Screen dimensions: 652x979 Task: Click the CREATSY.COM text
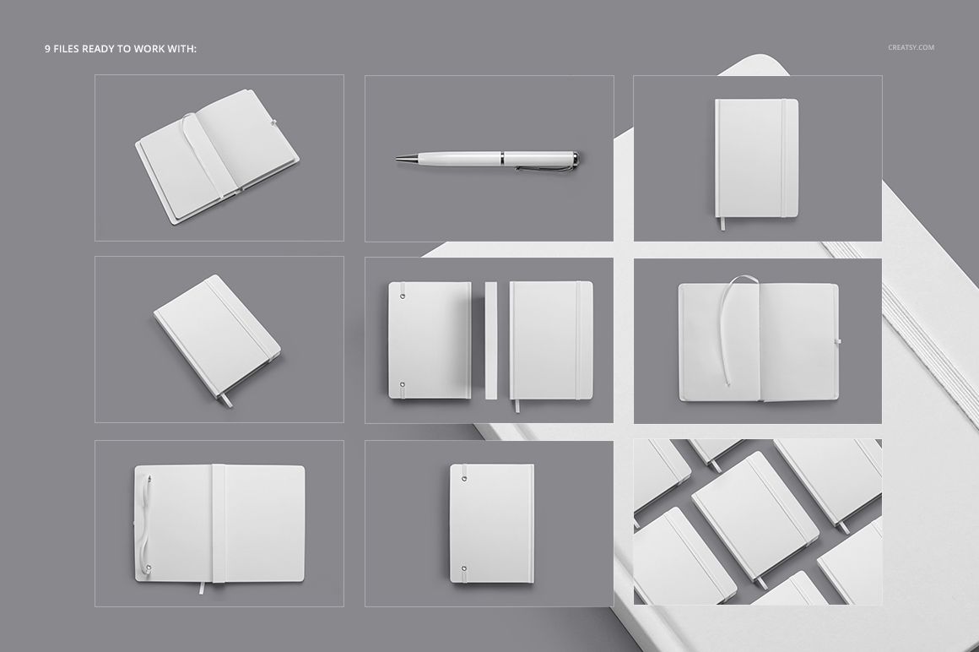click(911, 47)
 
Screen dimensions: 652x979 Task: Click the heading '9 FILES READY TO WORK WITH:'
click(121, 49)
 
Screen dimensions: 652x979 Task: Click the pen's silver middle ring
click(503, 157)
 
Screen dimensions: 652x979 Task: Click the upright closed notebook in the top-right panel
click(756, 158)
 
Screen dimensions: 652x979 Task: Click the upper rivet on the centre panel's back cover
click(402, 296)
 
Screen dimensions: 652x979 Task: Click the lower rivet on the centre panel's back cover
click(402, 385)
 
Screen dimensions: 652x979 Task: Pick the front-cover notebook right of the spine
click(551, 340)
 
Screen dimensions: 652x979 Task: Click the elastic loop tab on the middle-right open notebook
click(838, 342)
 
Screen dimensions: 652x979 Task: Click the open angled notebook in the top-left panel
click(216, 167)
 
